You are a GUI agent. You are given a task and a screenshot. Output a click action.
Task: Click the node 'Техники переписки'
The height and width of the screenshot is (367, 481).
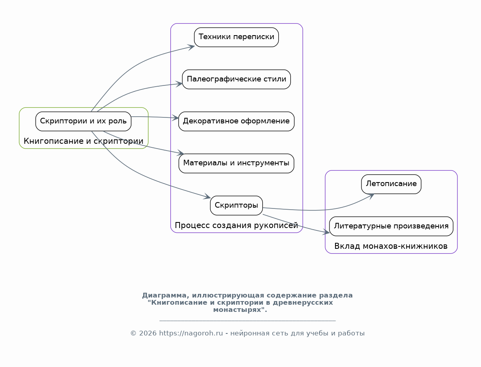tap(236, 37)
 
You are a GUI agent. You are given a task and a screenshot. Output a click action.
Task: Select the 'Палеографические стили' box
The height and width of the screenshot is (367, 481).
tap(236, 79)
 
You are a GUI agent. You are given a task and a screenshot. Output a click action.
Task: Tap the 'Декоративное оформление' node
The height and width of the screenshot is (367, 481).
tap(236, 121)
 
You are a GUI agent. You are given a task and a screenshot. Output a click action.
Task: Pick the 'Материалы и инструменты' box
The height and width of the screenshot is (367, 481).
tap(236, 163)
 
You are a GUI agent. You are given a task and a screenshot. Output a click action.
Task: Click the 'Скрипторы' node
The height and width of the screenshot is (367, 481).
tap(236, 206)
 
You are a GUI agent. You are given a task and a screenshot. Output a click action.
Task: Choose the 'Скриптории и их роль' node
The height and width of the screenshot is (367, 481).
tap(83, 121)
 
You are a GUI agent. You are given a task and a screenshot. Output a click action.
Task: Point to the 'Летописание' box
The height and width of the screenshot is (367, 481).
tap(391, 184)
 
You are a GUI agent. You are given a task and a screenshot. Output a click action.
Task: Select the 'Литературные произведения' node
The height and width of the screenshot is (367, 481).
tap(391, 226)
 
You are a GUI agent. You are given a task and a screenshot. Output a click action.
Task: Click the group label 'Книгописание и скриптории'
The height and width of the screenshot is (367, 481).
tap(84, 141)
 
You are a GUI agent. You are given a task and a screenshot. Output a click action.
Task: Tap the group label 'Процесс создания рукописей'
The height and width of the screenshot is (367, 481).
tap(236, 225)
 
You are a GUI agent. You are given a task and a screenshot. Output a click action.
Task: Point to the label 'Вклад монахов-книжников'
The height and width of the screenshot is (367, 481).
tap(391, 246)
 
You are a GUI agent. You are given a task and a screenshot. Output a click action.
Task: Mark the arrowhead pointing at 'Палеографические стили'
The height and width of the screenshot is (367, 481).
tap(179, 84)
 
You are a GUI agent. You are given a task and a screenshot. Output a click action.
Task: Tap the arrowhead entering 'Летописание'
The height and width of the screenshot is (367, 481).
tap(371, 196)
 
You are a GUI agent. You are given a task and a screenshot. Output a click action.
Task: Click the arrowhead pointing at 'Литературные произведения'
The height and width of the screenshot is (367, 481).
tap(326, 233)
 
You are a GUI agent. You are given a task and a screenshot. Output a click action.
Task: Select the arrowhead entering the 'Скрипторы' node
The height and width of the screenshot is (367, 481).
tap(207, 196)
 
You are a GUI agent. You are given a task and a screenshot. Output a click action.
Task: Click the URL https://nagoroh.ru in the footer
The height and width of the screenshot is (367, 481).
tap(191, 333)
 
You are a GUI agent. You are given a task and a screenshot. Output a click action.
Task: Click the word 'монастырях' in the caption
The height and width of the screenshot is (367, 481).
tap(238, 310)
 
